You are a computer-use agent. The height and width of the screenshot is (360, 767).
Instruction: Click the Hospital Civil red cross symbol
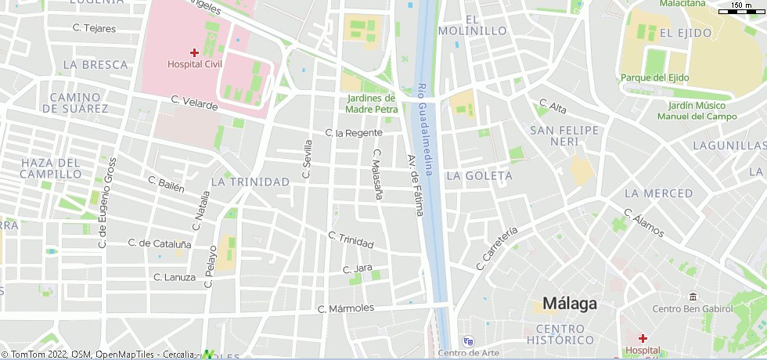click(194, 52)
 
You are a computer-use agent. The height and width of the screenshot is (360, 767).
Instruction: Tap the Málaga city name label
click(570, 304)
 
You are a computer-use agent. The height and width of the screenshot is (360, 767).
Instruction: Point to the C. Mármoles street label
click(346, 309)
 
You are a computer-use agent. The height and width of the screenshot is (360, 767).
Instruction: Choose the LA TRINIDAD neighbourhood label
click(250, 182)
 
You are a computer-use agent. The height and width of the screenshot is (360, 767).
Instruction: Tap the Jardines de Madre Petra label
click(372, 104)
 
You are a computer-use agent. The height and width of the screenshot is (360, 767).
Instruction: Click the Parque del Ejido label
click(654, 77)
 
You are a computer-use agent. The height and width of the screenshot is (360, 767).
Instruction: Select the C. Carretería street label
click(497, 248)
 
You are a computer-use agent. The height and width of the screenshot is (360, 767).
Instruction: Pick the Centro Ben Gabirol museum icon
click(693, 297)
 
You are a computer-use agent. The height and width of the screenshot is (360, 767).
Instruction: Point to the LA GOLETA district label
click(479, 176)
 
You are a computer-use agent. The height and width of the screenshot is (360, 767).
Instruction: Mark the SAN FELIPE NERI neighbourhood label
click(564, 135)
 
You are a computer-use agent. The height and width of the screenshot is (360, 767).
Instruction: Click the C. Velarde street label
click(194, 103)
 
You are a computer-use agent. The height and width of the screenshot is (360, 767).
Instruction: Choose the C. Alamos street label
click(643, 223)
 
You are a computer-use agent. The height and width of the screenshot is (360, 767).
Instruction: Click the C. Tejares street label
click(94, 28)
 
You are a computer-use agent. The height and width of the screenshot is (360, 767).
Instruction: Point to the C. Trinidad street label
click(351, 240)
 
